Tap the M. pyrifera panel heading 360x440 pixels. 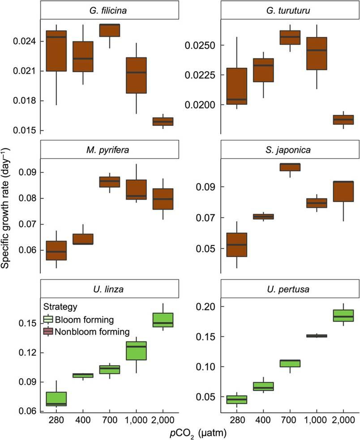(x=107, y=150)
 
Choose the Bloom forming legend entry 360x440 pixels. (x=79, y=319)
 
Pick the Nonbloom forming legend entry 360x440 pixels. (x=86, y=332)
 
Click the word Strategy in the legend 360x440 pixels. (x=61, y=307)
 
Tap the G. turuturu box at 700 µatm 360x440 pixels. (x=289, y=37)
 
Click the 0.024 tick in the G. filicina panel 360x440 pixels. (x=26, y=42)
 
